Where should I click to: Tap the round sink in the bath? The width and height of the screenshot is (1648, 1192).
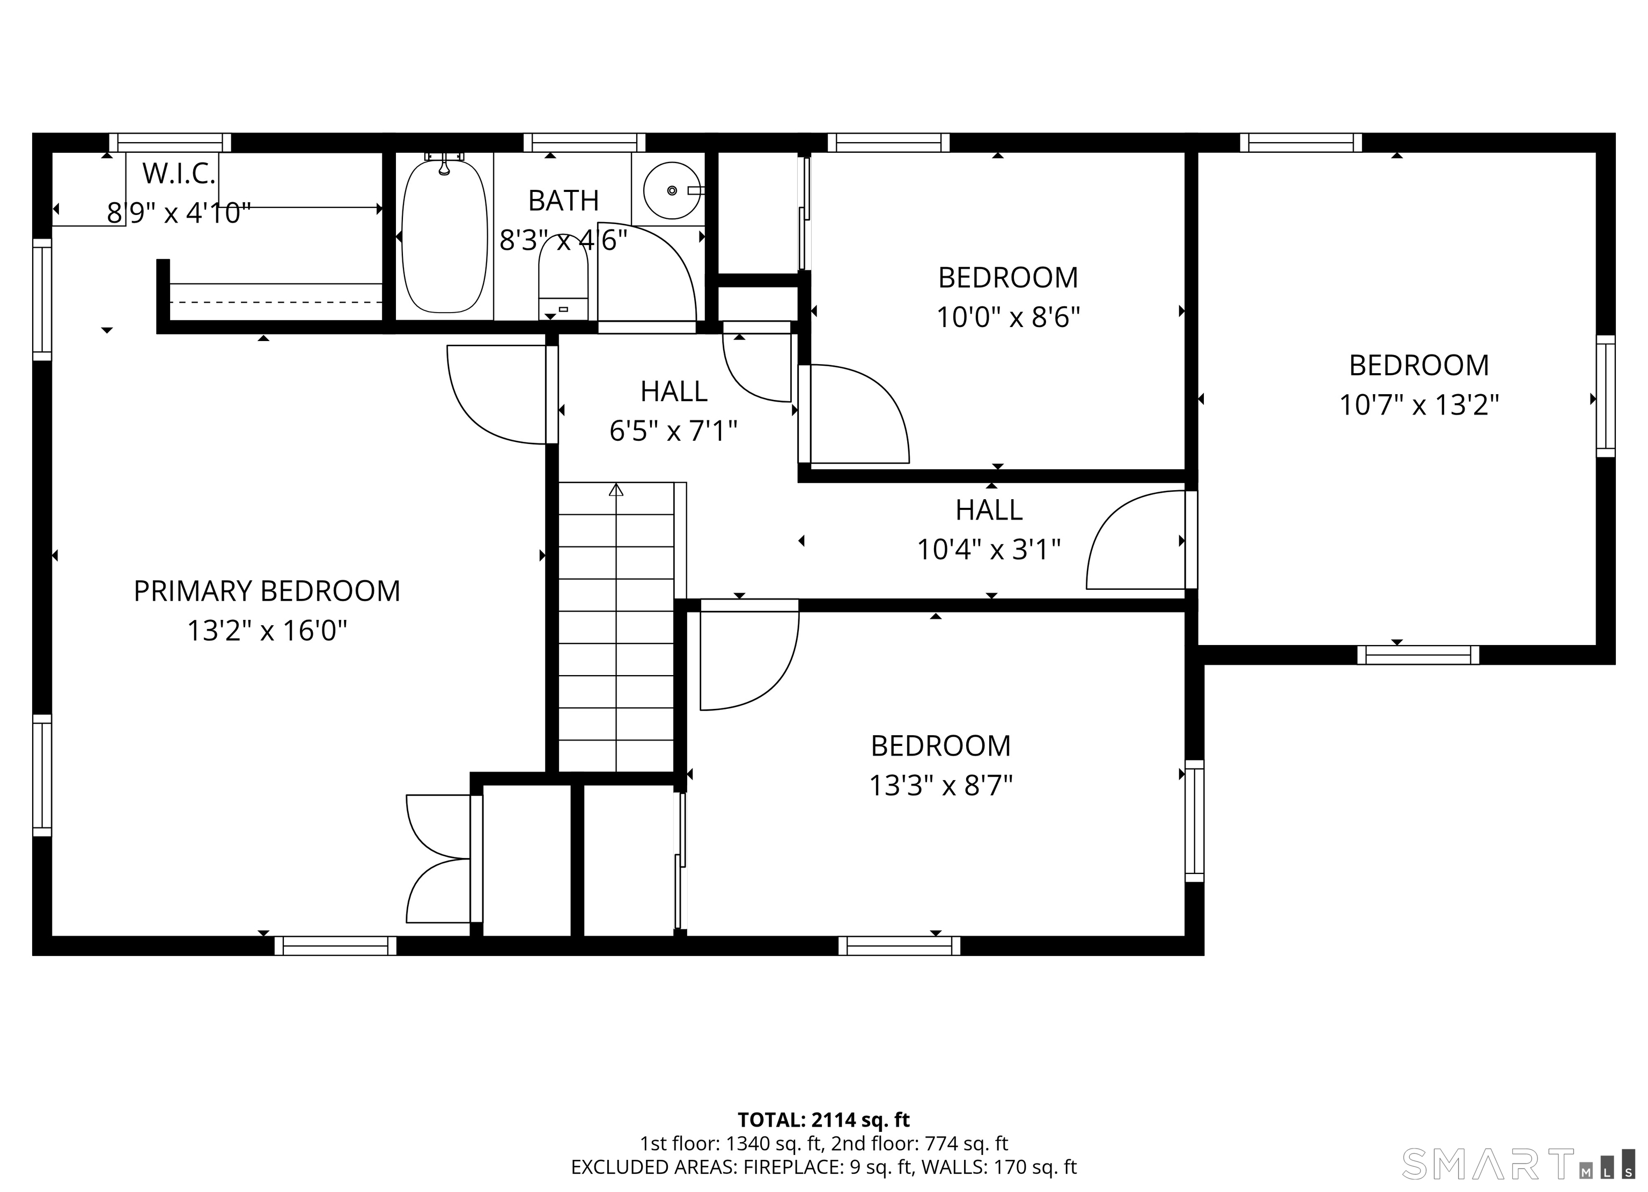672,190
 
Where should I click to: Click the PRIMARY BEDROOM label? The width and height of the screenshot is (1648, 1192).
267,591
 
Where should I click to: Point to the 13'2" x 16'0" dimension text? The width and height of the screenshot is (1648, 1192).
267,631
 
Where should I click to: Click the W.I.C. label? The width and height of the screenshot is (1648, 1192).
179,174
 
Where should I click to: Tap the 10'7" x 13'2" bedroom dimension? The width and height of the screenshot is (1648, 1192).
1418,405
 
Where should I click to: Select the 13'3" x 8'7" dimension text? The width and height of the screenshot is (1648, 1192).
940,785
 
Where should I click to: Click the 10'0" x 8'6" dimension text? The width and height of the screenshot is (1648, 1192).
1008,317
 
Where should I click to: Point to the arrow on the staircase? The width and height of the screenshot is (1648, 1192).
616,490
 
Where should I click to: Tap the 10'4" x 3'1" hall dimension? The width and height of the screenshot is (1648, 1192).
988,550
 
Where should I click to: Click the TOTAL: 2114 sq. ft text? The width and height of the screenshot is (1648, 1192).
823,1120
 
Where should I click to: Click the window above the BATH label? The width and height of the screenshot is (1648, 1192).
584,143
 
